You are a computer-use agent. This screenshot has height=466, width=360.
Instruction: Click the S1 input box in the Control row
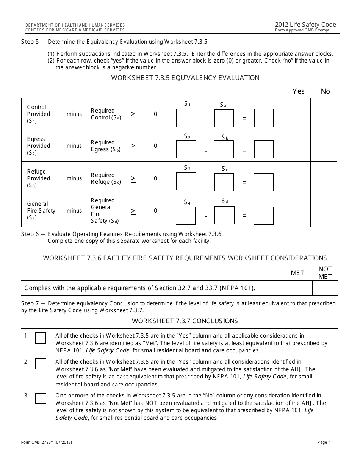(186, 118)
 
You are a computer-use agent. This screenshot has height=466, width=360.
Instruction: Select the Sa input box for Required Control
(224, 118)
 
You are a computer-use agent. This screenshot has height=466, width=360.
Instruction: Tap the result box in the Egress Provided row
(264, 149)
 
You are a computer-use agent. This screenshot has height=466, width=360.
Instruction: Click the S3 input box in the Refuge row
(186, 181)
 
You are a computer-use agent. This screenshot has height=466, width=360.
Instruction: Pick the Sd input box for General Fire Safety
(224, 216)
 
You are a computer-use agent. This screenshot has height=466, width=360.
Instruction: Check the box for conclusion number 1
(41, 338)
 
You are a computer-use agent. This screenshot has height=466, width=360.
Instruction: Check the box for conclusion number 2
(41, 364)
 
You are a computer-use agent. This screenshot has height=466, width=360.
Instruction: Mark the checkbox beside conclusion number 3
(41, 399)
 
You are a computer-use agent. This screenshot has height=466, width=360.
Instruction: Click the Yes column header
(299, 91)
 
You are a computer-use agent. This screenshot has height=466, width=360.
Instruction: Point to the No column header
(325, 91)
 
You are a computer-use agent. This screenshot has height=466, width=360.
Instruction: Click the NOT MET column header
(325, 273)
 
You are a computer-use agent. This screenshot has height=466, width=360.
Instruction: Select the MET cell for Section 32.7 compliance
(298, 288)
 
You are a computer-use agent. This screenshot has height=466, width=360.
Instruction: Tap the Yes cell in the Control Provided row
(297, 114)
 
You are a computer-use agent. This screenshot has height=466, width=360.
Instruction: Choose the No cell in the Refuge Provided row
(324, 178)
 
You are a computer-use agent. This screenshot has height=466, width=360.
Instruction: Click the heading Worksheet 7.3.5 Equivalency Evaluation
(185, 78)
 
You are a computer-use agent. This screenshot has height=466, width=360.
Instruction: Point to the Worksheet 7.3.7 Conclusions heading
(185, 321)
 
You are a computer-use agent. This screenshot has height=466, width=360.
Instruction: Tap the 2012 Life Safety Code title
(305, 25)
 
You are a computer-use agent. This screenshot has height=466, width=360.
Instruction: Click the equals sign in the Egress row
(244, 151)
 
